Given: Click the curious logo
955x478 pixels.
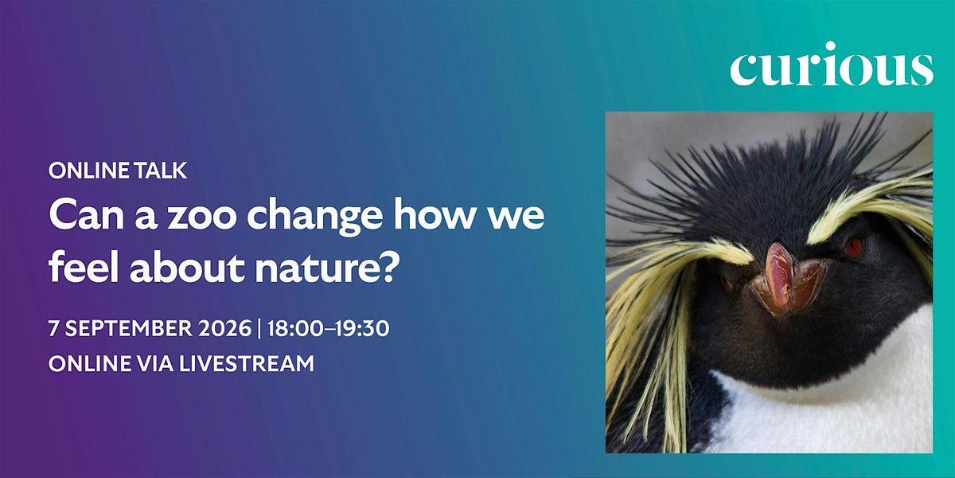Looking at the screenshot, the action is click(832, 64).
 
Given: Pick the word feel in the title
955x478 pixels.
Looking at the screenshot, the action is click(84, 267).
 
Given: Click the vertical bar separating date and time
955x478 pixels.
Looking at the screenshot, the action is click(259, 329).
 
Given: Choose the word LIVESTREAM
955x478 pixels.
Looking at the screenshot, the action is click(247, 364).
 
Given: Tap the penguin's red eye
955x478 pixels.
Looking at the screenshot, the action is click(853, 247).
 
